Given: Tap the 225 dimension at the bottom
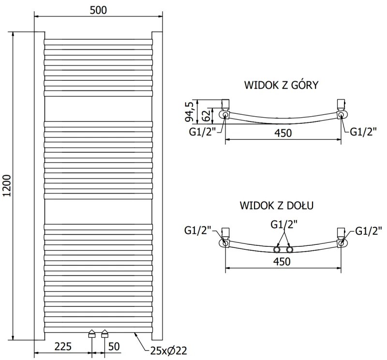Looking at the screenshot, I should (x=63, y=346).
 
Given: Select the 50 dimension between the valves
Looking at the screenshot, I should (x=115, y=346).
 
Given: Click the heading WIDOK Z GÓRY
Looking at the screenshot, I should (x=281, y=85).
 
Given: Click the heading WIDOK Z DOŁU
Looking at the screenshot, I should (x=277, y=205).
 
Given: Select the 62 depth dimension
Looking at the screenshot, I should (x=205, y=115).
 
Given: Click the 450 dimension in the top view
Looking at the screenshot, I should (x=283, y=133).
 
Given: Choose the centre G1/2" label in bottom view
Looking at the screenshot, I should (x=283, y=224).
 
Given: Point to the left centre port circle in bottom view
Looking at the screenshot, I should (x=277, y=250).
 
